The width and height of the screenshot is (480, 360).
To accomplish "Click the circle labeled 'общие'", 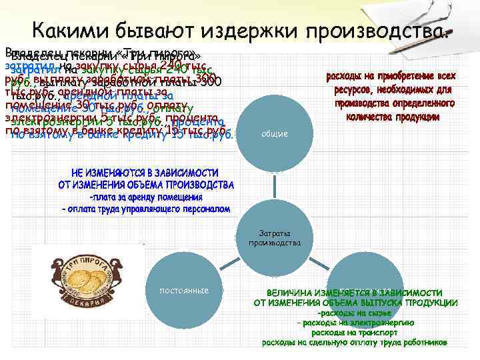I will (275, 134).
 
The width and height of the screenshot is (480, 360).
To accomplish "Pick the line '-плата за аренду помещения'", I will (146, 197).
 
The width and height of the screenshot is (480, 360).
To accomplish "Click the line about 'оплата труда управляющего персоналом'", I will (146, 209).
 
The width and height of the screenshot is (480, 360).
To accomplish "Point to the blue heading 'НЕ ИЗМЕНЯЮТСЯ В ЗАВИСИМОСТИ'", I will (146, 172).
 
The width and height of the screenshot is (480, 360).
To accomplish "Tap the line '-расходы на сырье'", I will (355, 313).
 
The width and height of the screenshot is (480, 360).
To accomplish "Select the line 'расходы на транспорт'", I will (355, 332).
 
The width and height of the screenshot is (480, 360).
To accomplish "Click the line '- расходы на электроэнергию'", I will (355, 323).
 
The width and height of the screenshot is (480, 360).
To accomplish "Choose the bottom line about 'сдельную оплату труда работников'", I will (355, 342).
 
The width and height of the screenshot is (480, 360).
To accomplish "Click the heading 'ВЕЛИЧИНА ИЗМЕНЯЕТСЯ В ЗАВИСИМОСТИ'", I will (355, 293).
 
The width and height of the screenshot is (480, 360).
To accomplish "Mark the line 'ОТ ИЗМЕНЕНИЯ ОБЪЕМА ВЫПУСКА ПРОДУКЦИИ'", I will (355, 303).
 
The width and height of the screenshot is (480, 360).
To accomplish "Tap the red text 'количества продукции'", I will (392, 117).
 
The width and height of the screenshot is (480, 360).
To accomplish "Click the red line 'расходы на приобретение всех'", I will (391, 77).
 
